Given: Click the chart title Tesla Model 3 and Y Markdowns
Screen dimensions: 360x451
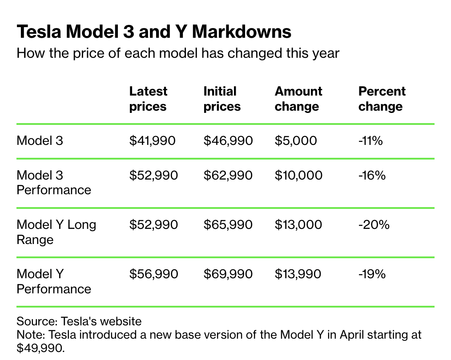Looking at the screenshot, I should [154, 32].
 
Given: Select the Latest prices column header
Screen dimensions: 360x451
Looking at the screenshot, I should [148, 99].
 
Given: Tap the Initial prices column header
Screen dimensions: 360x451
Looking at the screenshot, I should [222, 99].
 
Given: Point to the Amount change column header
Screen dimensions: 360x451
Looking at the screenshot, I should [298, 99].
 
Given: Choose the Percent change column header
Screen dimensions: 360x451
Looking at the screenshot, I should [382, 99].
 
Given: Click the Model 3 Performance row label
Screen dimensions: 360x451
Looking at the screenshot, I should [54, 182].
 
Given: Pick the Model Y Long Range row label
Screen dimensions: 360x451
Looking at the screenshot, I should [56, 232].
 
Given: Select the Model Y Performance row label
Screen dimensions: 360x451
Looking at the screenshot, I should [54, 281].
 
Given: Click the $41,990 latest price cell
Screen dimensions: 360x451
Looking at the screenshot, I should [153, 141].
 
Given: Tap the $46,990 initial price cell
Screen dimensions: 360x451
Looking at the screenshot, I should [228, 141].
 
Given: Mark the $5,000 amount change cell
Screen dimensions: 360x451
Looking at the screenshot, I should [296, 141].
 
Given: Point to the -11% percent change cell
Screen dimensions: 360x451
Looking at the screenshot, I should [370, 141].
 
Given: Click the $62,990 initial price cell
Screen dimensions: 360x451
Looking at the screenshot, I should [228, 175].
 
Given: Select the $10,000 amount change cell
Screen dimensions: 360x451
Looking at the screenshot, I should [298, 175].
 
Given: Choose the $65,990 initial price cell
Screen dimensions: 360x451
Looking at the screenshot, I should [228, 224].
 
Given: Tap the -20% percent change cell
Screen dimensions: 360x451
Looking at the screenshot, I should [374, 224].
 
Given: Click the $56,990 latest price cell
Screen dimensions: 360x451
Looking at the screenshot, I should [153, 274].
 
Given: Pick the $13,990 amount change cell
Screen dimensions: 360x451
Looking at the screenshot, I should [298, 274].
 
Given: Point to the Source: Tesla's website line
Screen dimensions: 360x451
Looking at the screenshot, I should [79, 321].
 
